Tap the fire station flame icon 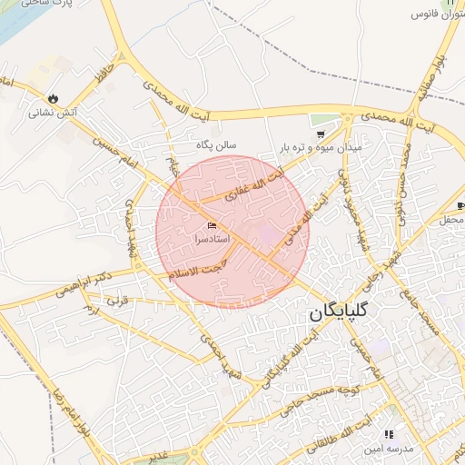[x=53, y=98]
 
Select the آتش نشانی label [x=54, y=114]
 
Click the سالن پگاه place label [x=218, y=144]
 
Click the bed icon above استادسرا [x=213, y=225]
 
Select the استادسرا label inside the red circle [x=213, y=239]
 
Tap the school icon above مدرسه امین [x=390, y=435]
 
